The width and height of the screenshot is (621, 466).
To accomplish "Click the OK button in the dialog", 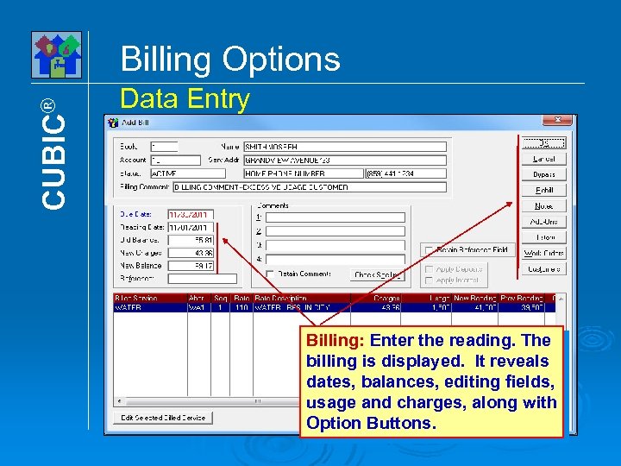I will pos(544,142).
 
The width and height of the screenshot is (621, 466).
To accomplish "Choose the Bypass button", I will pos(544,174).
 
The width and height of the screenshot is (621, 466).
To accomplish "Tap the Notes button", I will pos(544,206).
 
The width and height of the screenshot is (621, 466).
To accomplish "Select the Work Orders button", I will pos(544,253).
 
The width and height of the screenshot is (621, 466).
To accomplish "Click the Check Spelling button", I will pos(378,275).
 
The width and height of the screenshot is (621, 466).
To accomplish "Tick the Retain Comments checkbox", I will pos(270,274).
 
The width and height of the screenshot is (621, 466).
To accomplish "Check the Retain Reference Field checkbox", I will pos(429,250).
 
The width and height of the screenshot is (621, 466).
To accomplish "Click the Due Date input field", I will pos(190,214).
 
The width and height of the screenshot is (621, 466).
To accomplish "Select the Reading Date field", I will pos(190,227).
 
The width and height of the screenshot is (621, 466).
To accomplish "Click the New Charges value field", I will pos(190,253).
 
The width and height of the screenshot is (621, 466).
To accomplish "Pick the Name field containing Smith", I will pos(345,147).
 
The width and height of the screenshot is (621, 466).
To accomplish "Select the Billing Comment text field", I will pos(310,186).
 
